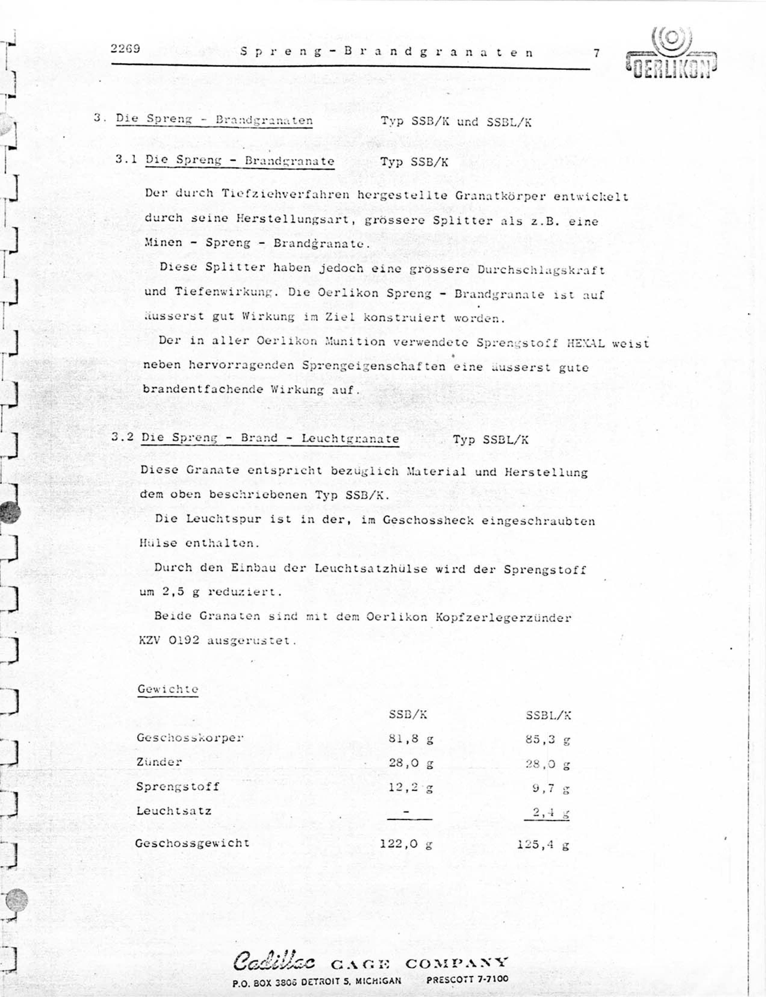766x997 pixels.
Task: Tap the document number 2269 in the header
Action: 125,48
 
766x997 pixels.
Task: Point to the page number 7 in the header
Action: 596,53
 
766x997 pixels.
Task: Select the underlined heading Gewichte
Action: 168,689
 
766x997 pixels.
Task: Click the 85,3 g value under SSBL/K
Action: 547,739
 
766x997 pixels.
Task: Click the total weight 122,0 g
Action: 406,844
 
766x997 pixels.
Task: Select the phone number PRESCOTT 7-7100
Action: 467,979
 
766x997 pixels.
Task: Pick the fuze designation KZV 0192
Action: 169,640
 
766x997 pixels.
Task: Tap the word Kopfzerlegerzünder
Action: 503,617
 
